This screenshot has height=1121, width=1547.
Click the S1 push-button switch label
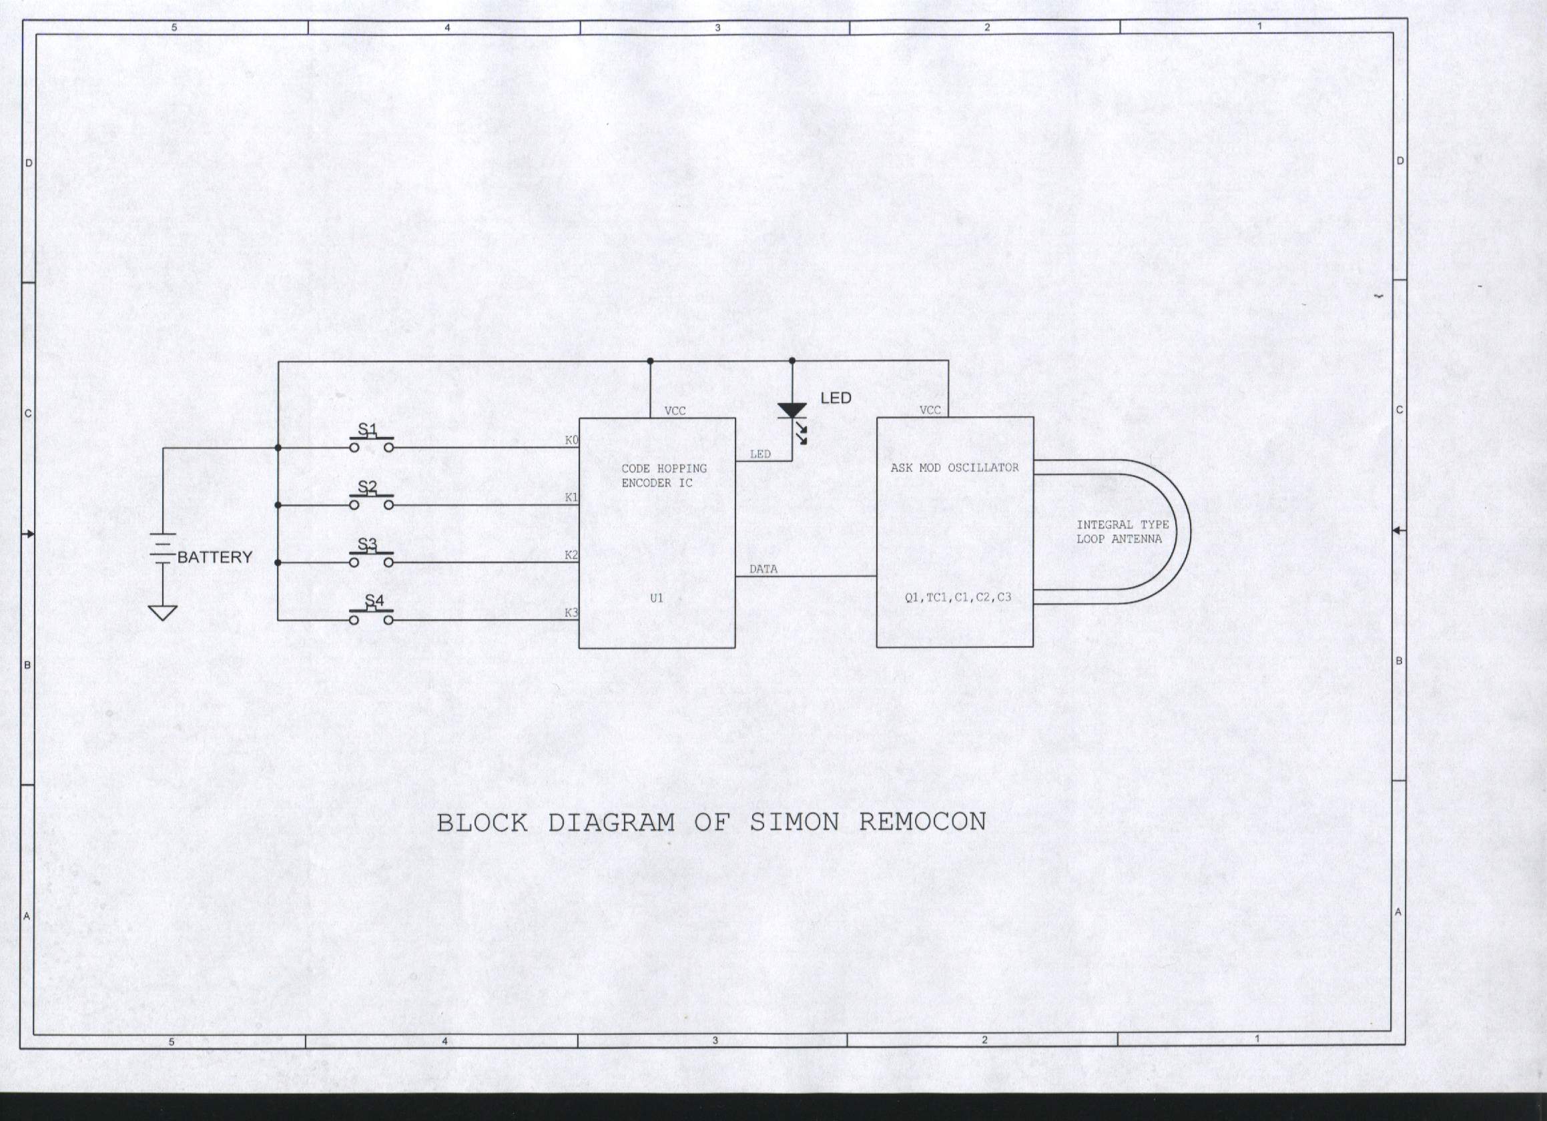[x=368, y=429]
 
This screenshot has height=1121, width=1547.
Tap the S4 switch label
[x=374, y=600]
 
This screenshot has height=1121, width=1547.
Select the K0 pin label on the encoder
[x=571, y=440]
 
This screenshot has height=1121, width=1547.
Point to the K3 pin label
[x=571, y=613]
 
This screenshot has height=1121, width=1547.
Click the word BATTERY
[x=215, y=557]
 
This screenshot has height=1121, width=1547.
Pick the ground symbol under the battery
[x=162, y=613]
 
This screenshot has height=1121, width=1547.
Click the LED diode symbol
[x=792, y=411]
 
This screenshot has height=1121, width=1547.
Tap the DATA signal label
[x=763, y=569]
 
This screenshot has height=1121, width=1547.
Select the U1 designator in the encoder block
[x=656, y=598]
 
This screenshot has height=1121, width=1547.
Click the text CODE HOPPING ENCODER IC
[x=663, y=475]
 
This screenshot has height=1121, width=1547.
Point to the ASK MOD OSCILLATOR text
[x=954, y=468]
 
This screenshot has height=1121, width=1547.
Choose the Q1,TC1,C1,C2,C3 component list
[x=958, y=597]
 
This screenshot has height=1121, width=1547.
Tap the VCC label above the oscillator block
[x=930, y=410]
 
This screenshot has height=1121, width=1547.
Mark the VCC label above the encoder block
[x=675, y=410]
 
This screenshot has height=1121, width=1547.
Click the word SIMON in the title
[x=794, y=821]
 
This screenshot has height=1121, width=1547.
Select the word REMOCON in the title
[x=922, y=821]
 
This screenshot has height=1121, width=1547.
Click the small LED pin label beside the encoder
[x=760, y=454]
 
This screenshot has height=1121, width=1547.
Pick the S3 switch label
[x=368, y=544]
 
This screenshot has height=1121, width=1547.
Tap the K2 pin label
[x=571, y=555]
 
